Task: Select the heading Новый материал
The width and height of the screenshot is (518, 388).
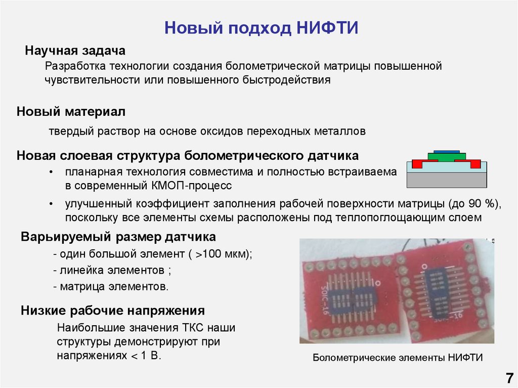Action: point(71,111)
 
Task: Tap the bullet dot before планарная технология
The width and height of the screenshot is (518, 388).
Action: point(52,173)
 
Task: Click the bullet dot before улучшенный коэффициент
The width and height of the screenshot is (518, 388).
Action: point(52,204)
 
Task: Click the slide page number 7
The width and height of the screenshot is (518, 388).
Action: point(508,378)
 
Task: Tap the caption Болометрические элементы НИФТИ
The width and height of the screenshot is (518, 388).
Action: point(398,358)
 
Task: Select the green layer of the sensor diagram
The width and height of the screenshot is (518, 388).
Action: point(447,156)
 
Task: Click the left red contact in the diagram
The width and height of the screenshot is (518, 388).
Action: point(418,163)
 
